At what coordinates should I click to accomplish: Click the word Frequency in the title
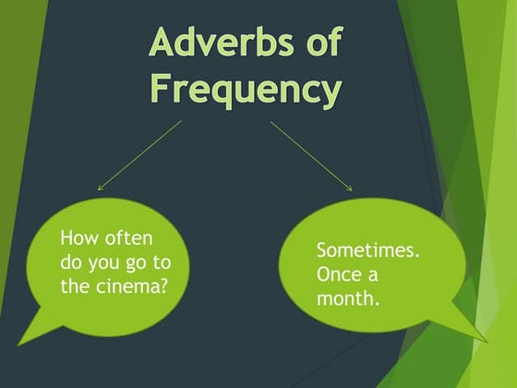(245, 90)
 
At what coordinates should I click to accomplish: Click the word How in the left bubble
(78, 237)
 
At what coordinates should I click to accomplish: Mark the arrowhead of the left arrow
(101, 188)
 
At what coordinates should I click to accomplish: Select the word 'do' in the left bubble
(70, 261)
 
